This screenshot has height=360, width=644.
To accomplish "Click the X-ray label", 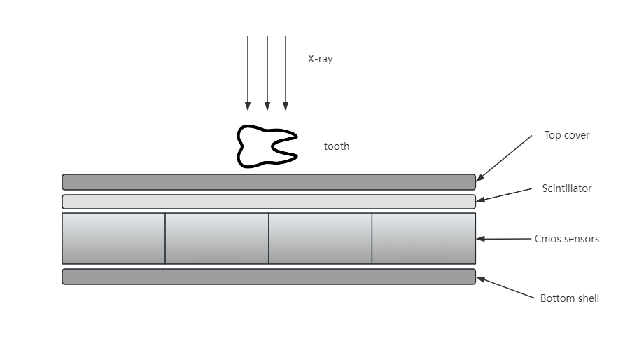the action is pos(320,59).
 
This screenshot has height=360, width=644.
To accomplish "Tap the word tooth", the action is pos(337,146).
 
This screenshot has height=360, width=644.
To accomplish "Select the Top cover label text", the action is pos(567,135).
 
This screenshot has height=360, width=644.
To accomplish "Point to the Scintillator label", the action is pos(567,188).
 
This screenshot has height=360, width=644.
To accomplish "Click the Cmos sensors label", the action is pos(567,239).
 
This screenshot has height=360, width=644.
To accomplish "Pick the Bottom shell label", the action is pos(570,298).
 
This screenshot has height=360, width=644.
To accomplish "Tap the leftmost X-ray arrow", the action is pos(248,74).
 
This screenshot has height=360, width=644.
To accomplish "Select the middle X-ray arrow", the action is pos(267,74).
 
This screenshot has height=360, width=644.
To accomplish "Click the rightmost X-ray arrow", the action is pos(286,74).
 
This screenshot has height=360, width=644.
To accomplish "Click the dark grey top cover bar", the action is pos(269,182).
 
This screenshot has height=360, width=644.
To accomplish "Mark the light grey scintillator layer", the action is pos(269,202).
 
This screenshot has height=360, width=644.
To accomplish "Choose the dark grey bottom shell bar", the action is pos(269,277).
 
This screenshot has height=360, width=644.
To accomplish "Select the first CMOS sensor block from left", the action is pos(114,238).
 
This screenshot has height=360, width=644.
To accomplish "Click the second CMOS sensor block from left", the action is pos(217,238).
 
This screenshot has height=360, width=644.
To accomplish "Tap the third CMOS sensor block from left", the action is pos(321,238).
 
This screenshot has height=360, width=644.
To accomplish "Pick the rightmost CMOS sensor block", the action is pos(424,238).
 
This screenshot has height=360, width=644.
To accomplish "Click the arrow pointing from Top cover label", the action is pos(504,158).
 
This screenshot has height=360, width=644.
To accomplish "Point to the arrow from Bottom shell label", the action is pos(505,288).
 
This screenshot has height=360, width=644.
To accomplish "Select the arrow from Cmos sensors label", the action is pos(504,239).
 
